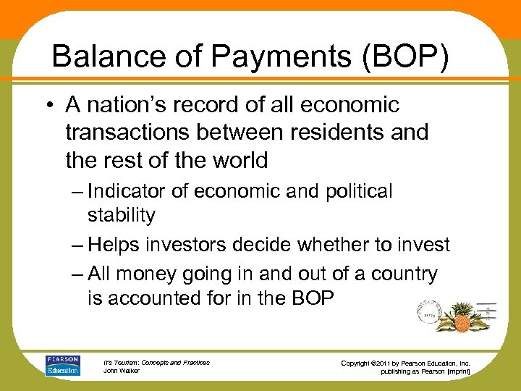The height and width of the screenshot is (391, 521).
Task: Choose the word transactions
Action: point(130,133)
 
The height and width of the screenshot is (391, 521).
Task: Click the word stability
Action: point(121,215)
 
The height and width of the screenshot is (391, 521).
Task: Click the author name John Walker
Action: point(121,371)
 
